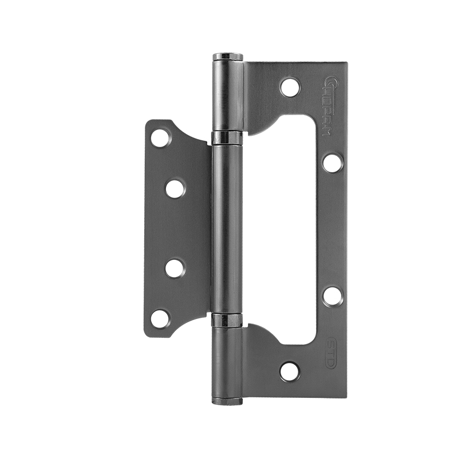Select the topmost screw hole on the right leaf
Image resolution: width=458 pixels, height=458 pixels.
click(x=290, y=87)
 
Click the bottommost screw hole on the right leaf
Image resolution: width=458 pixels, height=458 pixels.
click(x=290, y=371)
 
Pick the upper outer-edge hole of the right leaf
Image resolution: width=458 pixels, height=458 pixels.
click(x=332, y=162)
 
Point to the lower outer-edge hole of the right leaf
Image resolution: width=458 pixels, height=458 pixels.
click(x=332, y=295)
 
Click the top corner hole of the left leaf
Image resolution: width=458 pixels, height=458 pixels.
click(x=160, y=137)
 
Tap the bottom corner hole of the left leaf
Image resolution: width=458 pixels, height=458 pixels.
click(x=160, y=319)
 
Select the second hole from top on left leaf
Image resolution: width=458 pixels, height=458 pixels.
click(x=175, y=188)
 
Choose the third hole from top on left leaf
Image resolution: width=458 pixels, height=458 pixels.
click(x=175, y=268)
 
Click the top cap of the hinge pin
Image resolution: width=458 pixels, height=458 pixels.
click(x=228, y=57)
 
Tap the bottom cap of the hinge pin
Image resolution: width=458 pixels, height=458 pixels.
click(x=228, y=400)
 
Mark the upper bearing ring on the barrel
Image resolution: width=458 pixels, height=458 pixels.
click(x=227, y=137)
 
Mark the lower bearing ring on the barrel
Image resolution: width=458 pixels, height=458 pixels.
click(x=227, y=320)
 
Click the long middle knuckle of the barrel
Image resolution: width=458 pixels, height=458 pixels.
click(x=227, y=229)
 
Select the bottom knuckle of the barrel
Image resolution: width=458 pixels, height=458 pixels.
click(x=227, y=361)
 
